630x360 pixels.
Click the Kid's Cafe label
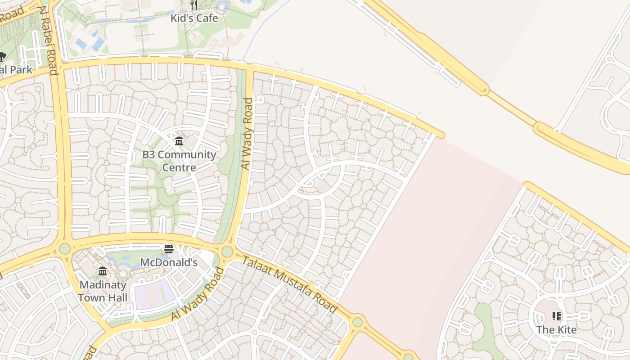pos(194,18)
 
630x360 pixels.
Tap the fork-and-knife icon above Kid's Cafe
pos(194,5)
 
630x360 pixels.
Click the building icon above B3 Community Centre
pos(179,141)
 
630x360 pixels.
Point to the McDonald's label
pos(169,262)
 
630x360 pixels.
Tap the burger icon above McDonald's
pos(169,249)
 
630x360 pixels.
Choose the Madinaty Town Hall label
pos(103,291)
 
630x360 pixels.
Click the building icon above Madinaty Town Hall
pos(103,271)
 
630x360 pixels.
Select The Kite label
pos(556,330)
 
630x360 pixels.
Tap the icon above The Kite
pos(557,316)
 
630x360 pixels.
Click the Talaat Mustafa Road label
pos(290,284)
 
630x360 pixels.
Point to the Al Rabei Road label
pos(48,40)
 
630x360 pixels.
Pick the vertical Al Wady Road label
pos(247,134)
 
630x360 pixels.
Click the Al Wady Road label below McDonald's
pos(198,294)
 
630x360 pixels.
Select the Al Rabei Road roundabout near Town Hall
pos(65,248)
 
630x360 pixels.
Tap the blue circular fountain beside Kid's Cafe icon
pos(221,6)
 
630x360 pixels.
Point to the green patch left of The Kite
pos(484,324)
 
